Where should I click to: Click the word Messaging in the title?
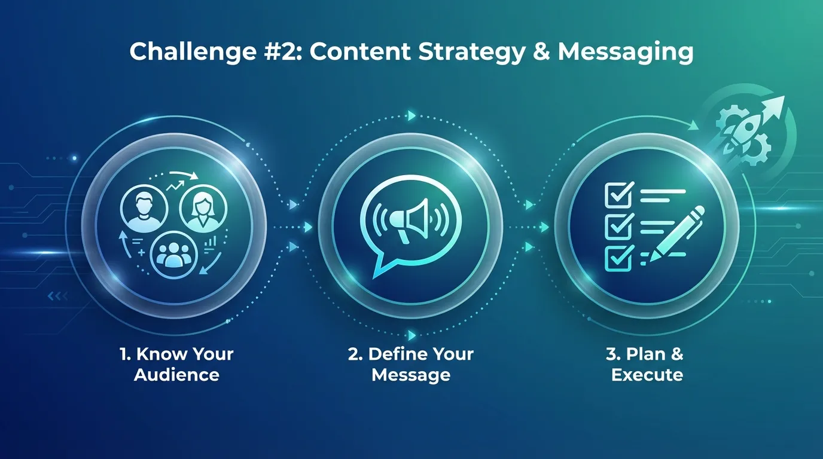(x=625, y=52)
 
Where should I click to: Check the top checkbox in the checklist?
(x=616, y=194)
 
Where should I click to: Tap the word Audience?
(x=176, y=375)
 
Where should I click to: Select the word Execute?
(x=647, y=375)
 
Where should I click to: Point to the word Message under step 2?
(x=411, y=375)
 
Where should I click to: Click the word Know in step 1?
(x=158, y=354)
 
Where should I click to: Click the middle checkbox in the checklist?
(x=616, y=226)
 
